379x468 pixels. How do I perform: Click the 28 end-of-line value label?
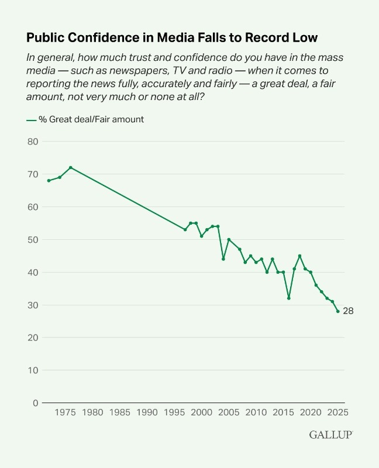coord(348,311)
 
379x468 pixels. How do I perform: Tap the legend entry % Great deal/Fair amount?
coord(85,119)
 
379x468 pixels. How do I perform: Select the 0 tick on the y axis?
coord(36,403)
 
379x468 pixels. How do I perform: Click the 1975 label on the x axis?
coord(65,413)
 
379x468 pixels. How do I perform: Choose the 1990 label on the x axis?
coord(147,413)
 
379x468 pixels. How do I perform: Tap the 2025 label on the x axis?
coord(338,413)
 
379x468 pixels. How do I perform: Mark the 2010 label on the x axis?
coord(256,413)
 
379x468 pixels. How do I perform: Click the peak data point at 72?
coord(71,167)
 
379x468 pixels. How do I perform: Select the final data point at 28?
coord(338,311)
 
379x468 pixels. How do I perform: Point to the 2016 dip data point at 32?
coord(289,298)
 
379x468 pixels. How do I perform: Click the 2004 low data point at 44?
coord(223,259)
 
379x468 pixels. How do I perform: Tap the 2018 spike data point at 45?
coord(299,256)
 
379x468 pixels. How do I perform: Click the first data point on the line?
coord(49,181)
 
